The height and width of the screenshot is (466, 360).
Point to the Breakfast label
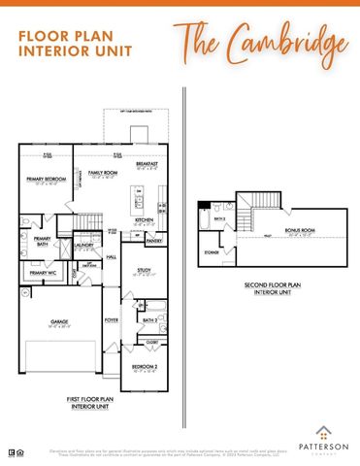pos(147,165)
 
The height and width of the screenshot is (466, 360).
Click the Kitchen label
pos(145,220)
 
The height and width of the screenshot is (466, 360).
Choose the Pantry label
pos(153,240)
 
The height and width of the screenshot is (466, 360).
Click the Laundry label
pos(83,246)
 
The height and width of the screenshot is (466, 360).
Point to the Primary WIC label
pos(42,274)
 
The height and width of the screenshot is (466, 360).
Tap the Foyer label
pos(112,319)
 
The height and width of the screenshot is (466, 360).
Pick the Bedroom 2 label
pos(143,367)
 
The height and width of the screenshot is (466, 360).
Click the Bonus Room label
pos(295,230)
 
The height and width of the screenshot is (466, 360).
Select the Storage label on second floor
pos(212,251)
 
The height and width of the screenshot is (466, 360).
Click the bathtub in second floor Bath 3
pos(203,218)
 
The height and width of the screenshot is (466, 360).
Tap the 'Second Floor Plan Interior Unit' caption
pos(273,287)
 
